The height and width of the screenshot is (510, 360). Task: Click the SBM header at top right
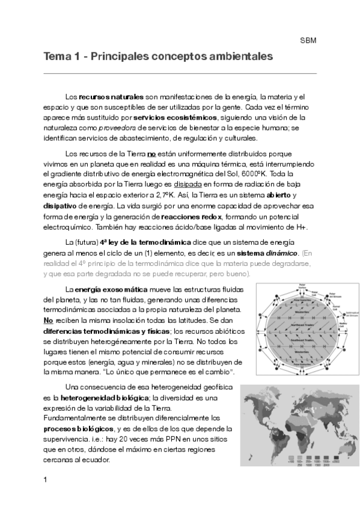(308, 41)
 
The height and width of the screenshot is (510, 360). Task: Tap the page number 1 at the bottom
(46, 479)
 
